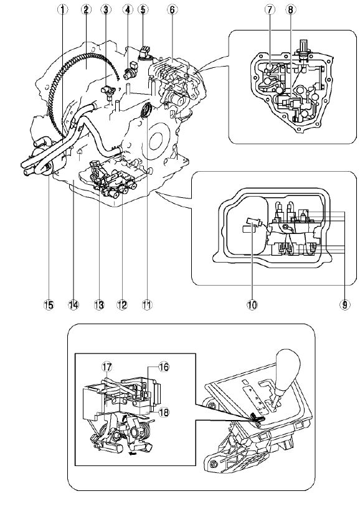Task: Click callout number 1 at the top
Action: pos(63,10)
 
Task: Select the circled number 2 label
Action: pos(86,10)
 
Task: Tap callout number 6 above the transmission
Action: pos(172,10)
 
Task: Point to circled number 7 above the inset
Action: pos(269,10)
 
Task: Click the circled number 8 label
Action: pos(291,10)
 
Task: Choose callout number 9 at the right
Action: pos(344,304)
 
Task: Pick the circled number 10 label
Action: pos(252,304)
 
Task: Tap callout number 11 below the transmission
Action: pos(147,304)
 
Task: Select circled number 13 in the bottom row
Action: pos(99,304)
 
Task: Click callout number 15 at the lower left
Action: pos(49,304)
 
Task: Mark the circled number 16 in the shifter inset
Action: pos(164,367)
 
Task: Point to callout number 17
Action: pos(107,367)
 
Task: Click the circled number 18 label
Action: pos(164,413)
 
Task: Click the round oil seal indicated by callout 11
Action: pos(146,111)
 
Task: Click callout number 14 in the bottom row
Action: pos(73,304)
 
